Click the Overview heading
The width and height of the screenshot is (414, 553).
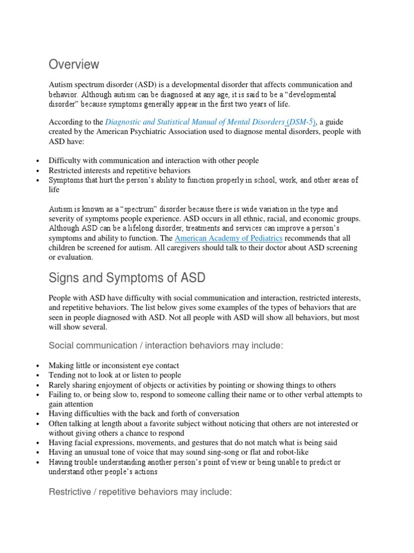pyautogui.click(x=74, y=64)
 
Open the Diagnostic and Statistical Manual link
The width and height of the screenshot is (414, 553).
pyautogui.click(x=210, y=123)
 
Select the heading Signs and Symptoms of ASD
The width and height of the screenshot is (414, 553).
pyautogui.click(x=127, y=278)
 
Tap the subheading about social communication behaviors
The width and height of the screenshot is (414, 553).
pyautogui.click(x=165, y=346)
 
